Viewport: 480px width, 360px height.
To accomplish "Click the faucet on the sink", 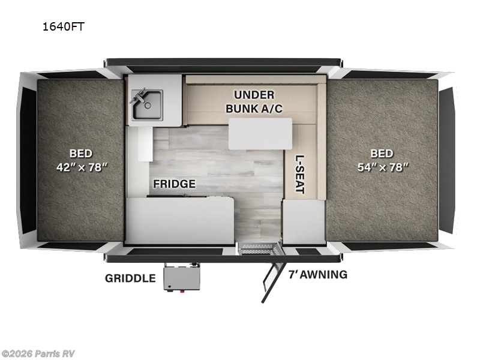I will (x=139, y=95).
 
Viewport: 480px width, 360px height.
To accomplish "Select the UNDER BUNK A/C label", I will (x=254, y=101).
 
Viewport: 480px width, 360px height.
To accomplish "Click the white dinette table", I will (x=260, y=133).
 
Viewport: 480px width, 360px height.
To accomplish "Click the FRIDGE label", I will (x=173, y=184).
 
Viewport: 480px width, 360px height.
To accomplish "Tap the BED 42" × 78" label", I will (x=80, y=160).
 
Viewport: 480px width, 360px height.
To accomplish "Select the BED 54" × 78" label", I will (x=382, y=160).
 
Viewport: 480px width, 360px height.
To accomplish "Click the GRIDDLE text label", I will (x=130, y=278).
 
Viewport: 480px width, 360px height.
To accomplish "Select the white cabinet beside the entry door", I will (x=304, y=222).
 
